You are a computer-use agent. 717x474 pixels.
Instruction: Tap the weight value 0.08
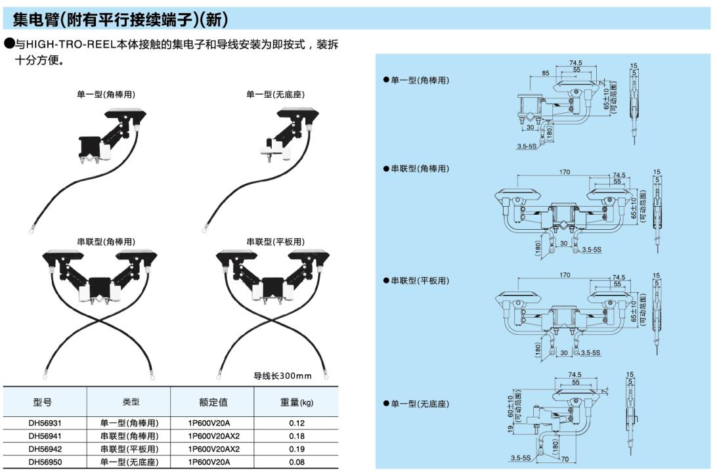click(x=297, y=462)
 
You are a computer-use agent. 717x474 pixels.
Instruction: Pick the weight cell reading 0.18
click(x=297, y=436)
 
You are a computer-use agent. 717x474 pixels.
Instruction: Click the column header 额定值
click(x=213, y=402)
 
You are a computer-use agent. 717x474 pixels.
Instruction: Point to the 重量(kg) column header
click(x=297, y=402)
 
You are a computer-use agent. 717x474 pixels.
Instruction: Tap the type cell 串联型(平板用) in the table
click(x=129, y=449)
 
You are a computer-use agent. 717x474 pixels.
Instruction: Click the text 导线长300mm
click(x=282, y=376)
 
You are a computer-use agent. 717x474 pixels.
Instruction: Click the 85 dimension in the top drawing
click(x=546, y=72)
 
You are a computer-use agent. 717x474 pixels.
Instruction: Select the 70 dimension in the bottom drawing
click(x=565, y=460)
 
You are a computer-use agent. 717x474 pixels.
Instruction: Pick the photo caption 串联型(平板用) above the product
click(x=276, y=242)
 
